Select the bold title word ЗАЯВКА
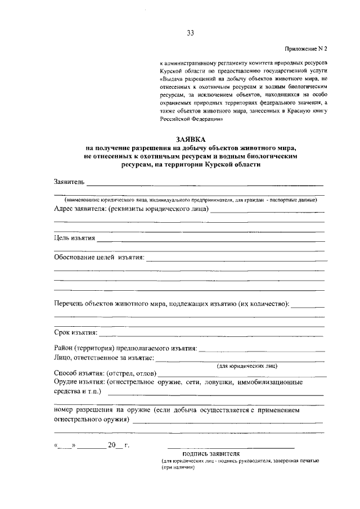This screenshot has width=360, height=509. click(x=190, y=139)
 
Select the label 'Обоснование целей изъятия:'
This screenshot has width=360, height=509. click(x=99, y=258)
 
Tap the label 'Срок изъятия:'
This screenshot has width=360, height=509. click(x=76, y=334)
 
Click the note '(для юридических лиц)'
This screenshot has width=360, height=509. click(x=247, y=366)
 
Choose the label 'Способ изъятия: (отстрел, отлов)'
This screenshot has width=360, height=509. click(x=106, y=373)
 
